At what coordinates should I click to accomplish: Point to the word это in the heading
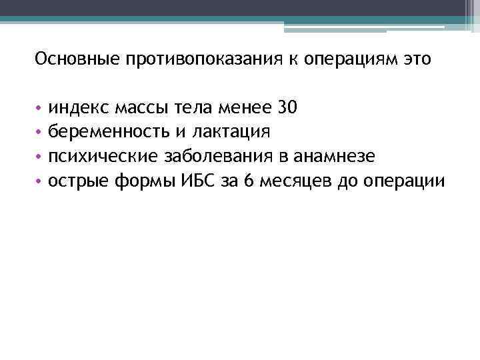pyautogui.click(x=417, y=60)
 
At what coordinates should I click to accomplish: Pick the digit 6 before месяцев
pyautogui.click(x=249, y=181)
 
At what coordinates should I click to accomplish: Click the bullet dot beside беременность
pyautogui.click(x=40, y=132)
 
